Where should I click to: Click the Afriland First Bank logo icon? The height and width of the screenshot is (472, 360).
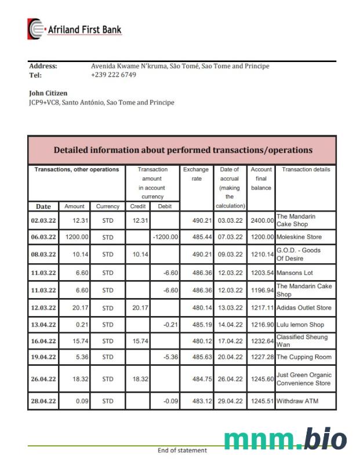[x=36, y=29]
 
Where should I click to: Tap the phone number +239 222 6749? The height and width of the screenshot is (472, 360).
[x=114, y=75]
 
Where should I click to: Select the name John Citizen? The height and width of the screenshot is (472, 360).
[x=48, y=93]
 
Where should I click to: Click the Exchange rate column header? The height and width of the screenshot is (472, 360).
[x=197, y=174]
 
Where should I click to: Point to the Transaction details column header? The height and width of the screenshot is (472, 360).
[x=306, y=170]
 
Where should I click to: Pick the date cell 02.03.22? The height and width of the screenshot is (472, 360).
[x=43, y=220]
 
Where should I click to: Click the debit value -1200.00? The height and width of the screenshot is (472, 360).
[x=165, y=237]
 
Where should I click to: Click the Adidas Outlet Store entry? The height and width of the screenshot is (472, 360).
[x=304, y=308]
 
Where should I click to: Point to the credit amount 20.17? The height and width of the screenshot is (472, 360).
[x=140, y=308]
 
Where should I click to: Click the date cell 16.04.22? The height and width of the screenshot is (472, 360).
[x=43, y=342]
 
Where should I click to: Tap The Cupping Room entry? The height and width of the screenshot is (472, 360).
[x=304, y=357]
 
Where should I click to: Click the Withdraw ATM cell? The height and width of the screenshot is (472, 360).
[x=297, y=401]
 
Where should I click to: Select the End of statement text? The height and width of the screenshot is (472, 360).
[x=182, y=451]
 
